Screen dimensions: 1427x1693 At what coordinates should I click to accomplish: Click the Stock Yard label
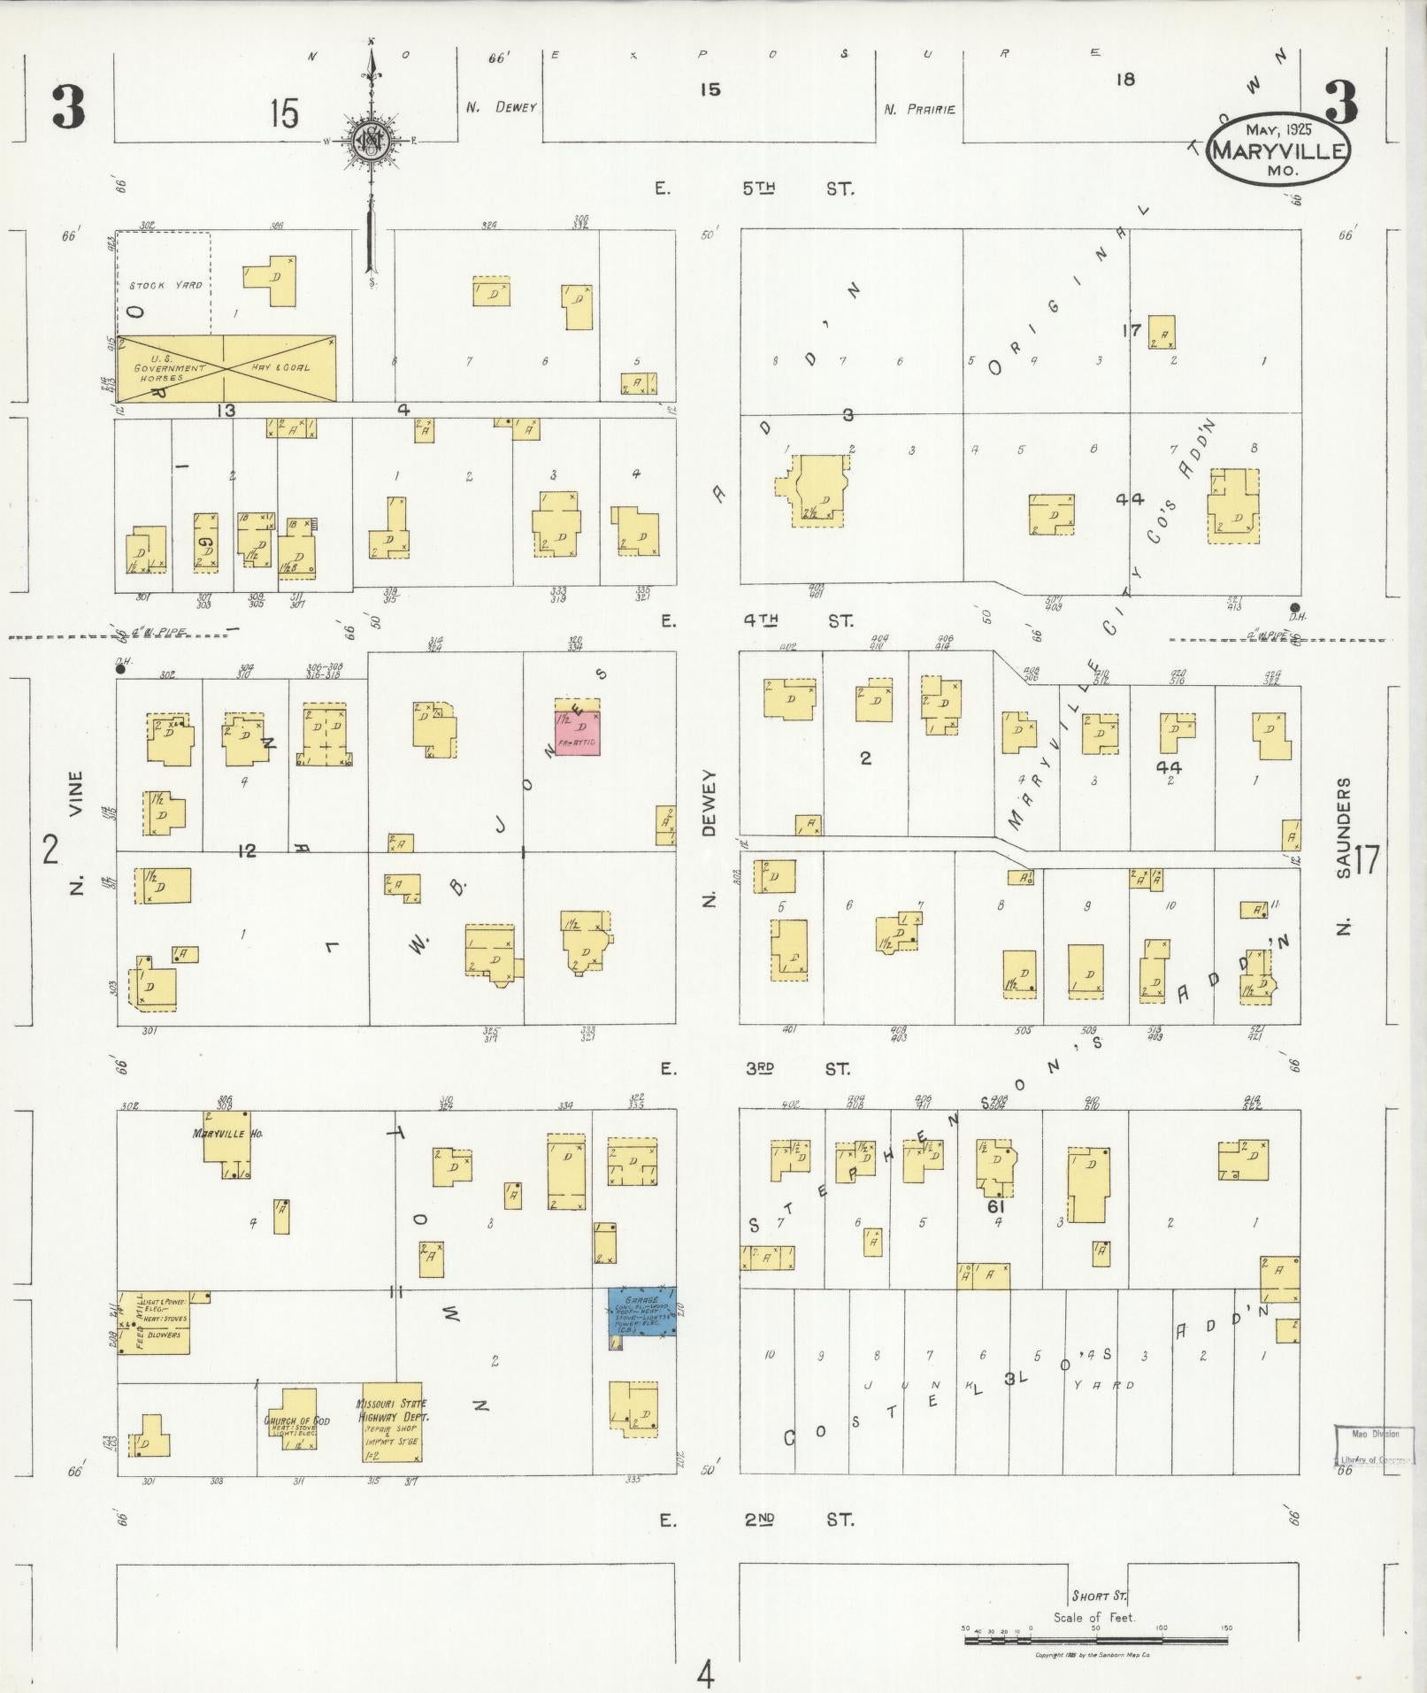pyautogui.click(x=165, y=285)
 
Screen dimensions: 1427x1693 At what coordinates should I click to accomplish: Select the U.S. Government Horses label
pyautogui.click(x=170, y=367)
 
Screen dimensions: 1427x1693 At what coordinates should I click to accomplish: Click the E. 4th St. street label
pyautogui.click(x=757, y=621)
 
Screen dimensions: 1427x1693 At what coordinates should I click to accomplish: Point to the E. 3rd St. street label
pyautogui.click(x=757, y=1069)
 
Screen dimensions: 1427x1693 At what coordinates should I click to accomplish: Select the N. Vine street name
pyautogui.click(x=76, y=833)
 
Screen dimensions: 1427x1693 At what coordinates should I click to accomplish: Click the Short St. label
pyautogui.click(x=1099, y=1596)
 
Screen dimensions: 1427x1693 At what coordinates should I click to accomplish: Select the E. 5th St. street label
pyautogui.click(x=757, y=189)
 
